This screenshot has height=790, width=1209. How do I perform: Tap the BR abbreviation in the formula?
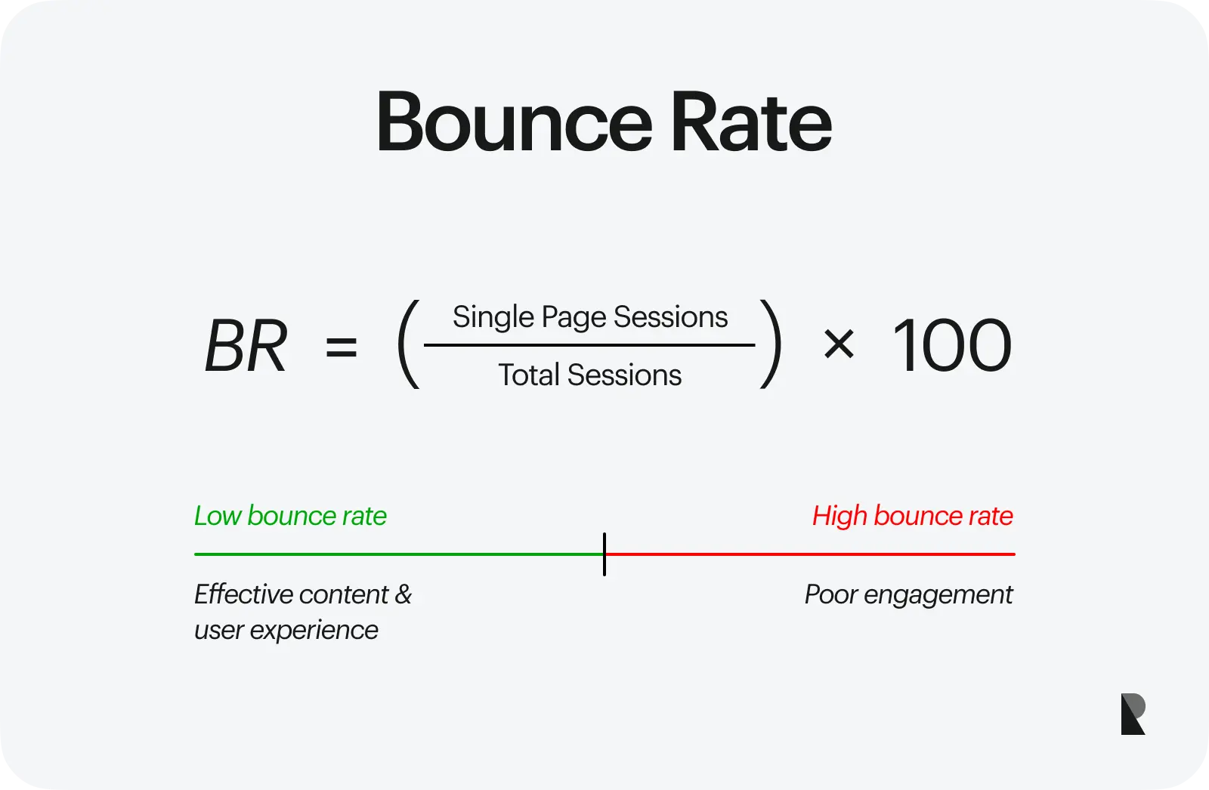(x=246, y=345)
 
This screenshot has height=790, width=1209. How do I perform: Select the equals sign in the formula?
(x=341, y=346)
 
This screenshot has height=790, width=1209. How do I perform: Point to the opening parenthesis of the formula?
(x=409, y=344)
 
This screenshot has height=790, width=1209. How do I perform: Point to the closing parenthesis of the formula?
(x=771, y=344)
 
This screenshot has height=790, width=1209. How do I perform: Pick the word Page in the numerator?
(x=574, y=317)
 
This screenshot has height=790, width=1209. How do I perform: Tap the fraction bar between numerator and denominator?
(x=589, y=345)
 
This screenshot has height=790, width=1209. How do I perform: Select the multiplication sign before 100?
(x=839, y=345)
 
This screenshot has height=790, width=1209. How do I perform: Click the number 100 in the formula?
(x=951, y=345)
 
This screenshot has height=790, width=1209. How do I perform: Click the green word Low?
(x=218, y=515)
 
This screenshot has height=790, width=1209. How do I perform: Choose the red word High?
(x=839, y=516)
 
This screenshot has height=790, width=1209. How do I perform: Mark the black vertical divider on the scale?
(x=604, y=554)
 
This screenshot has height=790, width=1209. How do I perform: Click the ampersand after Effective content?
(x=404, y=594)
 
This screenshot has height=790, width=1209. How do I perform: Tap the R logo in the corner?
(x=1133, y=714)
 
